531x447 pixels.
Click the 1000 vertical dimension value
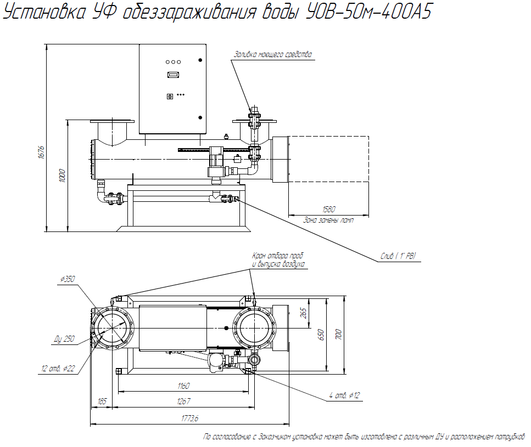pos(62,176)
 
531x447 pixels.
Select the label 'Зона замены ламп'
pos(328,220)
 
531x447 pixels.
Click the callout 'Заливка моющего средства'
pos(273,54)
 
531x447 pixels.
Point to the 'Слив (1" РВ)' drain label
pos(399,256)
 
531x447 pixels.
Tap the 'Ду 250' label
pos(64,339)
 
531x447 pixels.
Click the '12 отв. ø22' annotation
pos(58,368)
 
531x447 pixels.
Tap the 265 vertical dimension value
pos(303,313)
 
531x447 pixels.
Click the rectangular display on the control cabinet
pos(173,74)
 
